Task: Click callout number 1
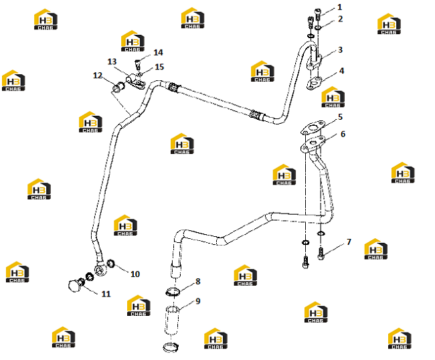(x=339, y=7)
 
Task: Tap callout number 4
(x=341, y=71)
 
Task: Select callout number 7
(x=349, y=242)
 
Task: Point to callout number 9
(x=198, y=301)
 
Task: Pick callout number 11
(x=106, y=294)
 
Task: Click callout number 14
(x=158, y=52)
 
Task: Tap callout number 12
(x=98, y=76)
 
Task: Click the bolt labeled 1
(x=318, y=14)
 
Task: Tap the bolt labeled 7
(x=321, y=253)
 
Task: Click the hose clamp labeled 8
(x=173, y=292)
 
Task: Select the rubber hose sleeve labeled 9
(x=172, y=320)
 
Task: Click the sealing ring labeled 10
(x=111, y=263)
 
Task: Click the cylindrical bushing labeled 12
(x=118, y=86)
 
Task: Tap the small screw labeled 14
(x=137, y=65)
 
